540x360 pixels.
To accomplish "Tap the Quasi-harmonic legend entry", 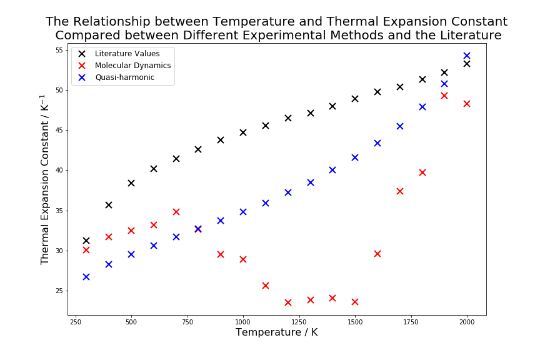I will point(124,77).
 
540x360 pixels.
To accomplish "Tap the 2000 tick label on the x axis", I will point(467,322).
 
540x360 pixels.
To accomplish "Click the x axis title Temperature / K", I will point(276,332).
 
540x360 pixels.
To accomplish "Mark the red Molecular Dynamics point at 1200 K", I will point(288,302).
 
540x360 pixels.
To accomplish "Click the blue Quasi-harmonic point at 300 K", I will point(86,277).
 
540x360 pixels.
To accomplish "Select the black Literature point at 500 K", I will point(131,183).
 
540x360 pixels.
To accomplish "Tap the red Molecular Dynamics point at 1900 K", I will point(444,96).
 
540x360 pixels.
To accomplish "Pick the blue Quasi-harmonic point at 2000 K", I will point(467,56).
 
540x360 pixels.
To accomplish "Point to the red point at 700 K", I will point(176,212).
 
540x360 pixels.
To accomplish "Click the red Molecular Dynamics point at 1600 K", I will point(377,254).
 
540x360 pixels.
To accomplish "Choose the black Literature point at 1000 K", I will point(243,132).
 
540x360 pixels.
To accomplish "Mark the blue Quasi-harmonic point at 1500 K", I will point(355,157).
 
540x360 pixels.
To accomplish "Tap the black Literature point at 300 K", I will point(86,241).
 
